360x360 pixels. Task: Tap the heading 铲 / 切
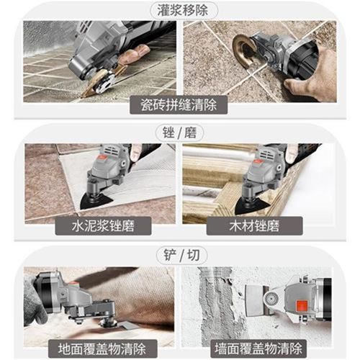pyautogui.click(x=179, y=255)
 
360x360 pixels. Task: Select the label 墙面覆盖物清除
pyautogui.click(x=256, y=346)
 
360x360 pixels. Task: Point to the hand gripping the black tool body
pyautogui.click(x=306, y=87)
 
